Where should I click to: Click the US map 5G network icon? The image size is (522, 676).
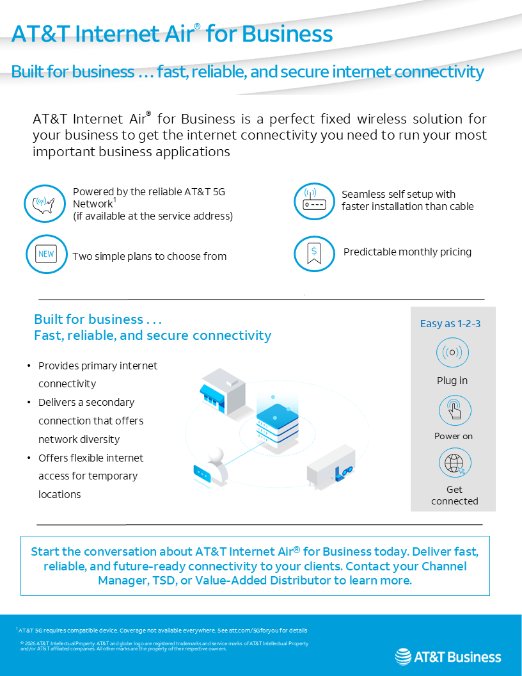[x=45, y=204]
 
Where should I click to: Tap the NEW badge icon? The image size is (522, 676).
[x=46, y=254]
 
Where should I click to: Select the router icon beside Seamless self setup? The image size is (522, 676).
[x=314, y=201]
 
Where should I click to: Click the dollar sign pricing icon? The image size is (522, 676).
[x=314, y=253]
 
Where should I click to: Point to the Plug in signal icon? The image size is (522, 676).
[x=452, y=353]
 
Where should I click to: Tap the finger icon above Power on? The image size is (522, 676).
[x=454, y=410]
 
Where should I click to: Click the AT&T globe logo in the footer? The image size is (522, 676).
[x=403, y=657]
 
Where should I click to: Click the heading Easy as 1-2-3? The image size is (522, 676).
[x=450, y=324]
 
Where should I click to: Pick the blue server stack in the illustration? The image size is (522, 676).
[x=277, y=423]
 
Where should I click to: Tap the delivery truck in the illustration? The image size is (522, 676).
[x=331, y=467]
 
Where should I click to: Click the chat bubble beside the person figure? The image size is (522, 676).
[x=202, y=474]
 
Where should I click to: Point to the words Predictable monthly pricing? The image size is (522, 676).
[x=407, y=252]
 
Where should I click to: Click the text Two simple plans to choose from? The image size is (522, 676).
[x=150, y=257]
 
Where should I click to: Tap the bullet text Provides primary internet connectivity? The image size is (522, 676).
[x=97, y=374]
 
